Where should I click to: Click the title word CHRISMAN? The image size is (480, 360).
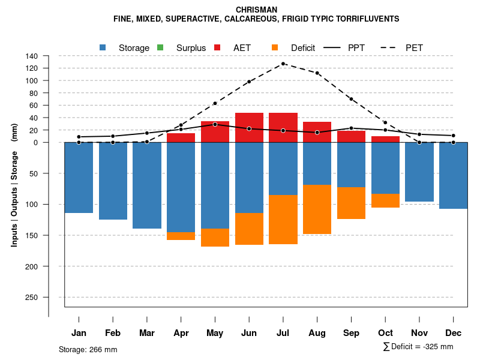pos(256,10)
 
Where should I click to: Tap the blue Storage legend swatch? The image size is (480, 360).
pos(103,47)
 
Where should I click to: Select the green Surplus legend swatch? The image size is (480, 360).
pos(160,47)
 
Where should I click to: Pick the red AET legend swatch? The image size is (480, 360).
pos(217,47)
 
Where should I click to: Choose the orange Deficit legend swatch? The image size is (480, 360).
pos(275,47)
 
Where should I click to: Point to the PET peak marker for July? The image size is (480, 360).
pos(283,64)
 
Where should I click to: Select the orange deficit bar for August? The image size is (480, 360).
pos(317,209)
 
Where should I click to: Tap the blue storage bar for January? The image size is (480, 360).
pos(79,178)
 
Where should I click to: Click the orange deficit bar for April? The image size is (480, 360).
pos(181,236)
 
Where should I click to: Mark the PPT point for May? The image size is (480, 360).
pos(215,124)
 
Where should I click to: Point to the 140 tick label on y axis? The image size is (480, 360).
pos(32,56)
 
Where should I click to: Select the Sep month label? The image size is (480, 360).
pos(351,333)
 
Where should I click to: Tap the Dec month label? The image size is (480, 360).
pos(454,333)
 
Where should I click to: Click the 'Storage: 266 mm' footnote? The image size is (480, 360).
pos(88,349)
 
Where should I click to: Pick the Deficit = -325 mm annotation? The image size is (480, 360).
pos(418,347)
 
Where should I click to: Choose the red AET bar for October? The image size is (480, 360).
pos(385,139)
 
